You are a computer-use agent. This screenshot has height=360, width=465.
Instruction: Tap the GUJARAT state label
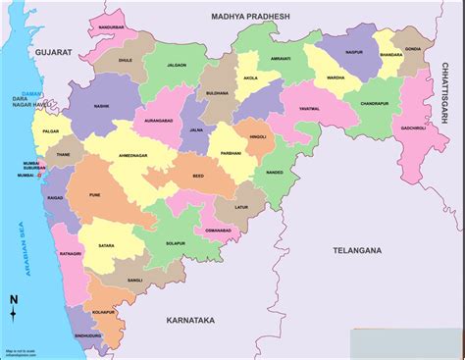pyautogui.click(x=55, y=49)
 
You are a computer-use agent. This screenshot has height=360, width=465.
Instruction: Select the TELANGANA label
pyautogui.click(x=356, y=251)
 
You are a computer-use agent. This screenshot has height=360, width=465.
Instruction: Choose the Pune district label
pyautogui.click(x=95, y=195)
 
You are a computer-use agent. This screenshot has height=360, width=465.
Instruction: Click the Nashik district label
pyautogui.click(x=102, y=105)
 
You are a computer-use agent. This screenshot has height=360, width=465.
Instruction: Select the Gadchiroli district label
pyautogui.click(x=412, y=129)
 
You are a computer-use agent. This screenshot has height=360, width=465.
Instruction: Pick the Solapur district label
pyautogui.click(x=176, y=242)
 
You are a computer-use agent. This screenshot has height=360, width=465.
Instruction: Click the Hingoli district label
pyautogui.click(x=257, y=138)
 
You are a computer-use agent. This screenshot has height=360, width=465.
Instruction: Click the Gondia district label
pyautogui.click(x=411, y=48)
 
